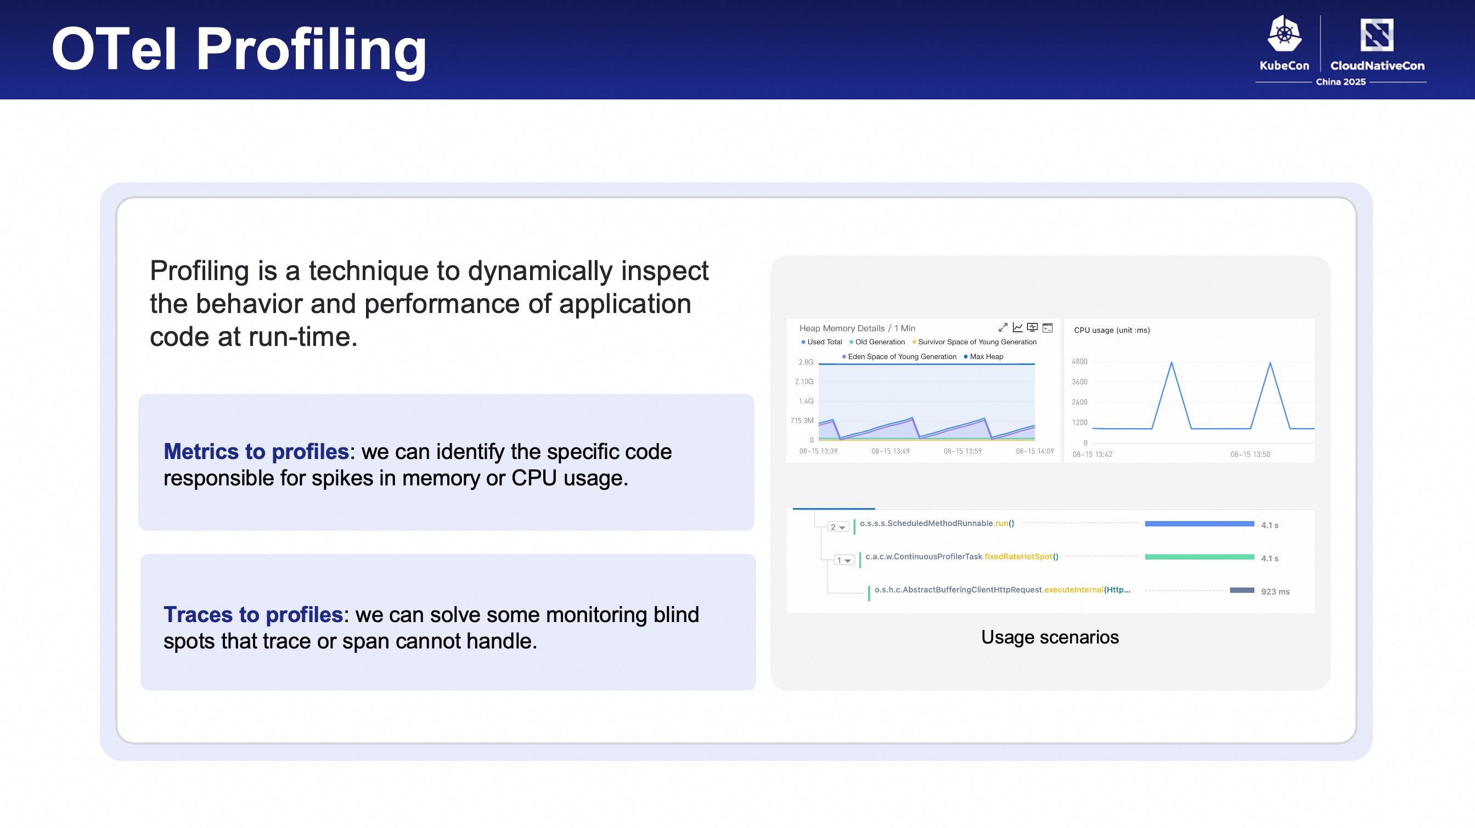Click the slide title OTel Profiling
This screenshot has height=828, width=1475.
tap(239, 51)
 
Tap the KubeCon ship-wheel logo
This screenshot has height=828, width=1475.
tap(1285, 34)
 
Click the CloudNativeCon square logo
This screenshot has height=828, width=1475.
tap(1377, 35)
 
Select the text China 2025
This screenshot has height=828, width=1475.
tap(1341, 82)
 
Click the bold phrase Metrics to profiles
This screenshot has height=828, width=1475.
tap(256, 451)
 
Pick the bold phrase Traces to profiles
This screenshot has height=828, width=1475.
tap(253, 614)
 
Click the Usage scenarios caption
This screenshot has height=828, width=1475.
tap(1050, 637)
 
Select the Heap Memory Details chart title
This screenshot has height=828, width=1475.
tap(857, 328)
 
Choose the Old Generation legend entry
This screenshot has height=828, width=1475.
tap(877, 342)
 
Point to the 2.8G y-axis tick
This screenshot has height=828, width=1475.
tap(806, 362)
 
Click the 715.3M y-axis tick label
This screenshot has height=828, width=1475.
tap(802, 421)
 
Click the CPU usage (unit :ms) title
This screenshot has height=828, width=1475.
tap(1111, 330)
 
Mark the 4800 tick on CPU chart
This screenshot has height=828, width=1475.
tap(1079, 362)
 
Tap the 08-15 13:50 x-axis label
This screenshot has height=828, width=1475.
tap(1250, 455)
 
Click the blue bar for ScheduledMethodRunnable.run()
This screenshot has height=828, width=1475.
tap(1200, 524)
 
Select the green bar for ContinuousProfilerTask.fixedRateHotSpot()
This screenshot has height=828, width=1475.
tap(1200, 557)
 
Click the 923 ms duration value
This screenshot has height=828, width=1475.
tap(1275, 591)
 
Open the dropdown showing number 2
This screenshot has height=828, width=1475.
tap(838, 527)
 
